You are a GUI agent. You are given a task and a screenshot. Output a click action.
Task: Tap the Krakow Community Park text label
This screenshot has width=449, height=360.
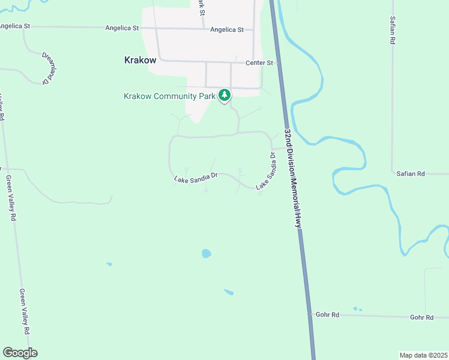coord(169,96)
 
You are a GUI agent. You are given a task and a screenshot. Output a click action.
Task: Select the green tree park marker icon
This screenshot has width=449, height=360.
coord(224,95)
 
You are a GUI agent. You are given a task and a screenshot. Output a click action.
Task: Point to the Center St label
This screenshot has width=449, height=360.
coord(259,62)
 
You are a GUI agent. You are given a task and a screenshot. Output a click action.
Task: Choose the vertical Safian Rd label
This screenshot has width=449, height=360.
coord(393,31)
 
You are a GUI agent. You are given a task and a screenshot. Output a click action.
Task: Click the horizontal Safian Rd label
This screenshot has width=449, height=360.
coord(411,173)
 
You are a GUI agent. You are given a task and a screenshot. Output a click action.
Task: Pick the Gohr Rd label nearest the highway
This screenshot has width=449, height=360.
coord(327,314)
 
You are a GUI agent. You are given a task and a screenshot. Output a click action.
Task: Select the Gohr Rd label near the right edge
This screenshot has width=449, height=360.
coord(421,317)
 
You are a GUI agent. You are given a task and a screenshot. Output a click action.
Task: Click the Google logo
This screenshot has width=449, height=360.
coord(20,353)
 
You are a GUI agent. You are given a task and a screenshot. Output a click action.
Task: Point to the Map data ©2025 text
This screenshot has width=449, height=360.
coord(423,355)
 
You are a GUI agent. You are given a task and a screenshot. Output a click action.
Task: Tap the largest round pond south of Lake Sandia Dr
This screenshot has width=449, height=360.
coord(206,253)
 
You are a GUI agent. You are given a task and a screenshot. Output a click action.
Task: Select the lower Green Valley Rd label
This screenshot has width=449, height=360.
coord(25,312)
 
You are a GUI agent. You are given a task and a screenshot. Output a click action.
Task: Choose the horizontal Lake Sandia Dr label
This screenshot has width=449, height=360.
coord(195,178)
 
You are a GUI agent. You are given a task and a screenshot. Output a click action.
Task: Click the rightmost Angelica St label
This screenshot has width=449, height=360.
coord(227,29)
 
